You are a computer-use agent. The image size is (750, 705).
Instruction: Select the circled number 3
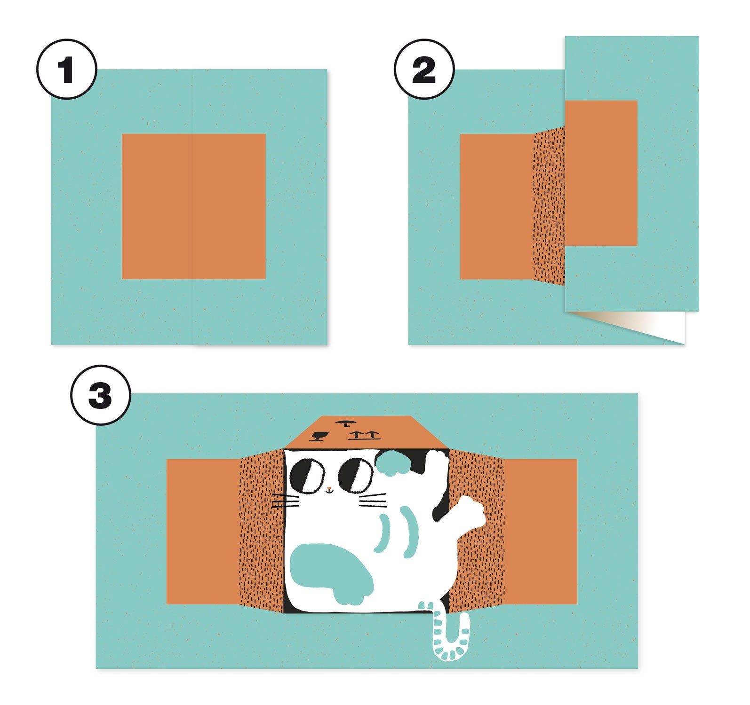100,395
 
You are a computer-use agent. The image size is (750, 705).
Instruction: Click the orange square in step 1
194,206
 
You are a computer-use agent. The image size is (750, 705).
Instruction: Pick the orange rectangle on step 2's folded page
601,173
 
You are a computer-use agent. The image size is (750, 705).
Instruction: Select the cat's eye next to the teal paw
356,476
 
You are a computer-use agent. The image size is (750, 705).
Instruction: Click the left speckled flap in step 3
262,531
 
